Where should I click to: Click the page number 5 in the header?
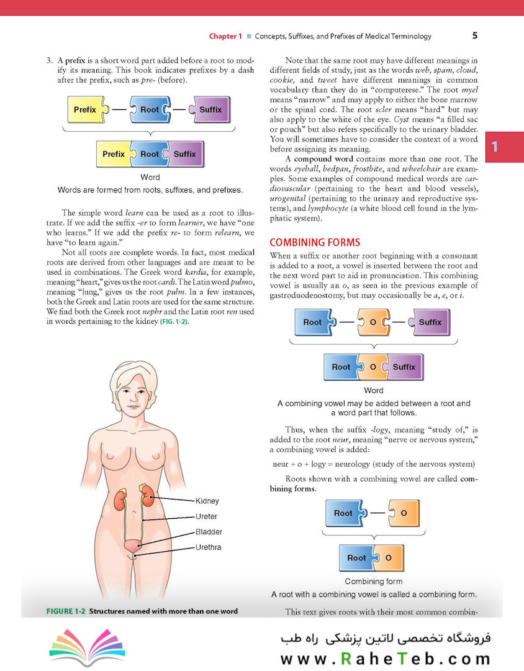tap(474, 35)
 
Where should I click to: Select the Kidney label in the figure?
tap(207, 501)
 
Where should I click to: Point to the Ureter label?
tap(206, 516)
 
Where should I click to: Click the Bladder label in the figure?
tap(209, 532)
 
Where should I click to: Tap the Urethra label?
tap(209, 547)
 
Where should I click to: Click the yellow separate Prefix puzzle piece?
tap(86, 110)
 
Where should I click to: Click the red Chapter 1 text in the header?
tap(225, 36)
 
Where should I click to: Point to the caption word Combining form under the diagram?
tap(373, 582)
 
